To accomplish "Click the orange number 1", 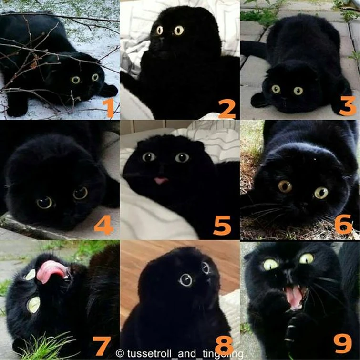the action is point(109,108).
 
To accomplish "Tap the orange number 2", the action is point(227,109).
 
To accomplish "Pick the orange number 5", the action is point(222,225).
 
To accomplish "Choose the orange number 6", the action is point(343,224).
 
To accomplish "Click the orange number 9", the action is point(343,343).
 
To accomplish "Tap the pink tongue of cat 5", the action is point(161,180).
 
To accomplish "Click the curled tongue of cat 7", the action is point(51,271).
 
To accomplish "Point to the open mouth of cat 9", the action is point(295,298).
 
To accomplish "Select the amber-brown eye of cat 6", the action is point(285,186).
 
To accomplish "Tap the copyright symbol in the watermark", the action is point(120,354).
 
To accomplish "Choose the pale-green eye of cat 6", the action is point(321,193).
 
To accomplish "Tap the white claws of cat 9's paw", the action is point(290,333).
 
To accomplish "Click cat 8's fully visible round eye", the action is point(186,280).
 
